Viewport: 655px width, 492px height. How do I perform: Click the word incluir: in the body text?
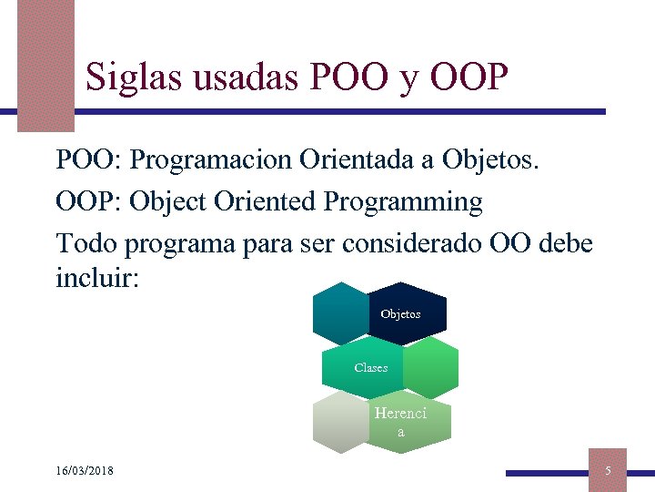pyautogui.click(x=97, y=277)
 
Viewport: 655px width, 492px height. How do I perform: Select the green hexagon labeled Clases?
pyautogui.click(x=364, y=367)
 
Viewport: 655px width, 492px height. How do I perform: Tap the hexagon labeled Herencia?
pyautogui.click(x=406, y=422)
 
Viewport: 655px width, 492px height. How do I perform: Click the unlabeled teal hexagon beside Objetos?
pyautogui.click(x=338, y=313)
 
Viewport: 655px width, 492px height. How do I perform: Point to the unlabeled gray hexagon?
pyautogui.click(x=338, y=422)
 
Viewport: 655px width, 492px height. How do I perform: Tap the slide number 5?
pyautogui.click(x=609, y=470)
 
